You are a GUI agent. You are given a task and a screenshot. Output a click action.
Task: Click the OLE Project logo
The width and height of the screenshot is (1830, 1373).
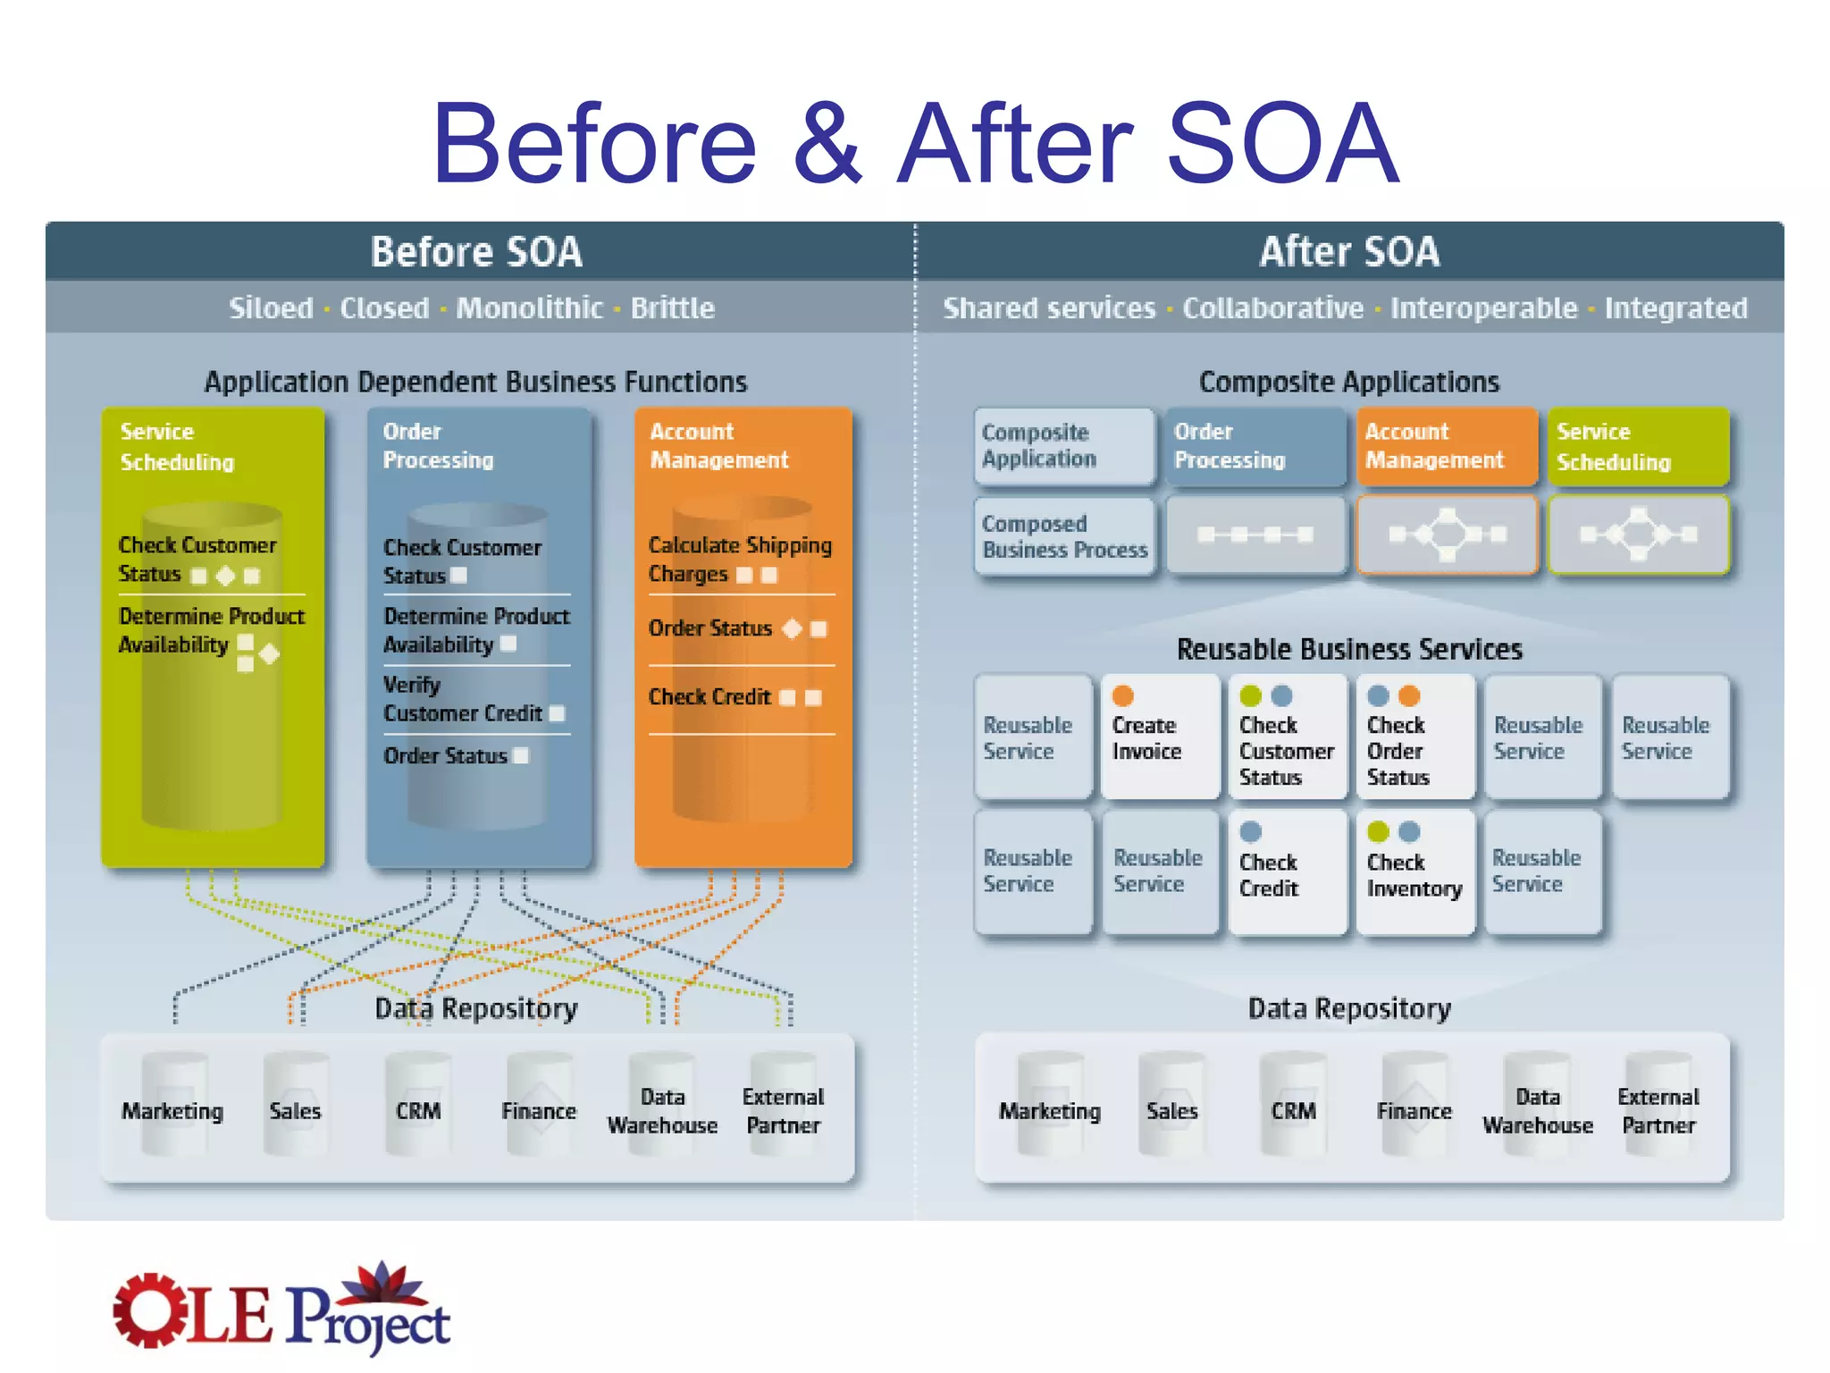pyautogui.click(x=281, y=1310)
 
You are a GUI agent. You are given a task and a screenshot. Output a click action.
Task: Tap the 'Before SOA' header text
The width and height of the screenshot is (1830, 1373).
pyautogui.click(x=476, y=252)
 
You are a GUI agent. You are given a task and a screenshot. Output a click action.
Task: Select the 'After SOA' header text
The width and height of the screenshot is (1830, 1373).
pyautogui.click(x=1349, y=252)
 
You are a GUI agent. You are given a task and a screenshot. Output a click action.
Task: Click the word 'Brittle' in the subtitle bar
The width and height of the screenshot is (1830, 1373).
pyautogui.click(x=672, y=308)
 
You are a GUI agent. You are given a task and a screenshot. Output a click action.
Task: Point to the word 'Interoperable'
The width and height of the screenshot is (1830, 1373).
pyautogui.click(x=1483, y=308)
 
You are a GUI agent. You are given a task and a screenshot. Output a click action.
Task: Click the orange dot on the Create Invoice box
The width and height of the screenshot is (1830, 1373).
pyautogui.click(x=1123, y=696)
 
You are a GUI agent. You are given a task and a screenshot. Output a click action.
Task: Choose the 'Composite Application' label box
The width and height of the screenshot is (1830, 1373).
pyautogui.click(x=1063, y=446)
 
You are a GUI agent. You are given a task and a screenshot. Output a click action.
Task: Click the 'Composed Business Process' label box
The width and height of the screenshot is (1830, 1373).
pyautogui.click(x=1063, y=536)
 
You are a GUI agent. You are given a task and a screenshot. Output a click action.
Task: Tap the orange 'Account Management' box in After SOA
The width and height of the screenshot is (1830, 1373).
pyautogui.click(x=1446, y=446)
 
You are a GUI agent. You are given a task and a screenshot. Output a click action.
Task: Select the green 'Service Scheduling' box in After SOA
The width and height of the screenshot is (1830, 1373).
pyautogui.click(x=1638, y=446)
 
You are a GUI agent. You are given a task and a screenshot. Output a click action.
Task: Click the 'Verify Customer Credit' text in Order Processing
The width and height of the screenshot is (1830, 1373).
pyautogui.click(x=462, y=699)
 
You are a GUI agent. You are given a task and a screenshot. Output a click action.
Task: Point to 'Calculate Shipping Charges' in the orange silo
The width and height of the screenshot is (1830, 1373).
pyautogui.click(x=739, y=559)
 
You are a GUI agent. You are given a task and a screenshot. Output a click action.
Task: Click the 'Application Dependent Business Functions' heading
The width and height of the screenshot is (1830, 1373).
pyautogui.click(x=475, y=383)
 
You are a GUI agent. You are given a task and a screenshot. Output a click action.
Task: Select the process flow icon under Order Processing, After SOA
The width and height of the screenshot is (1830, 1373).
pyautogui.click(x=1255, y=535)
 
